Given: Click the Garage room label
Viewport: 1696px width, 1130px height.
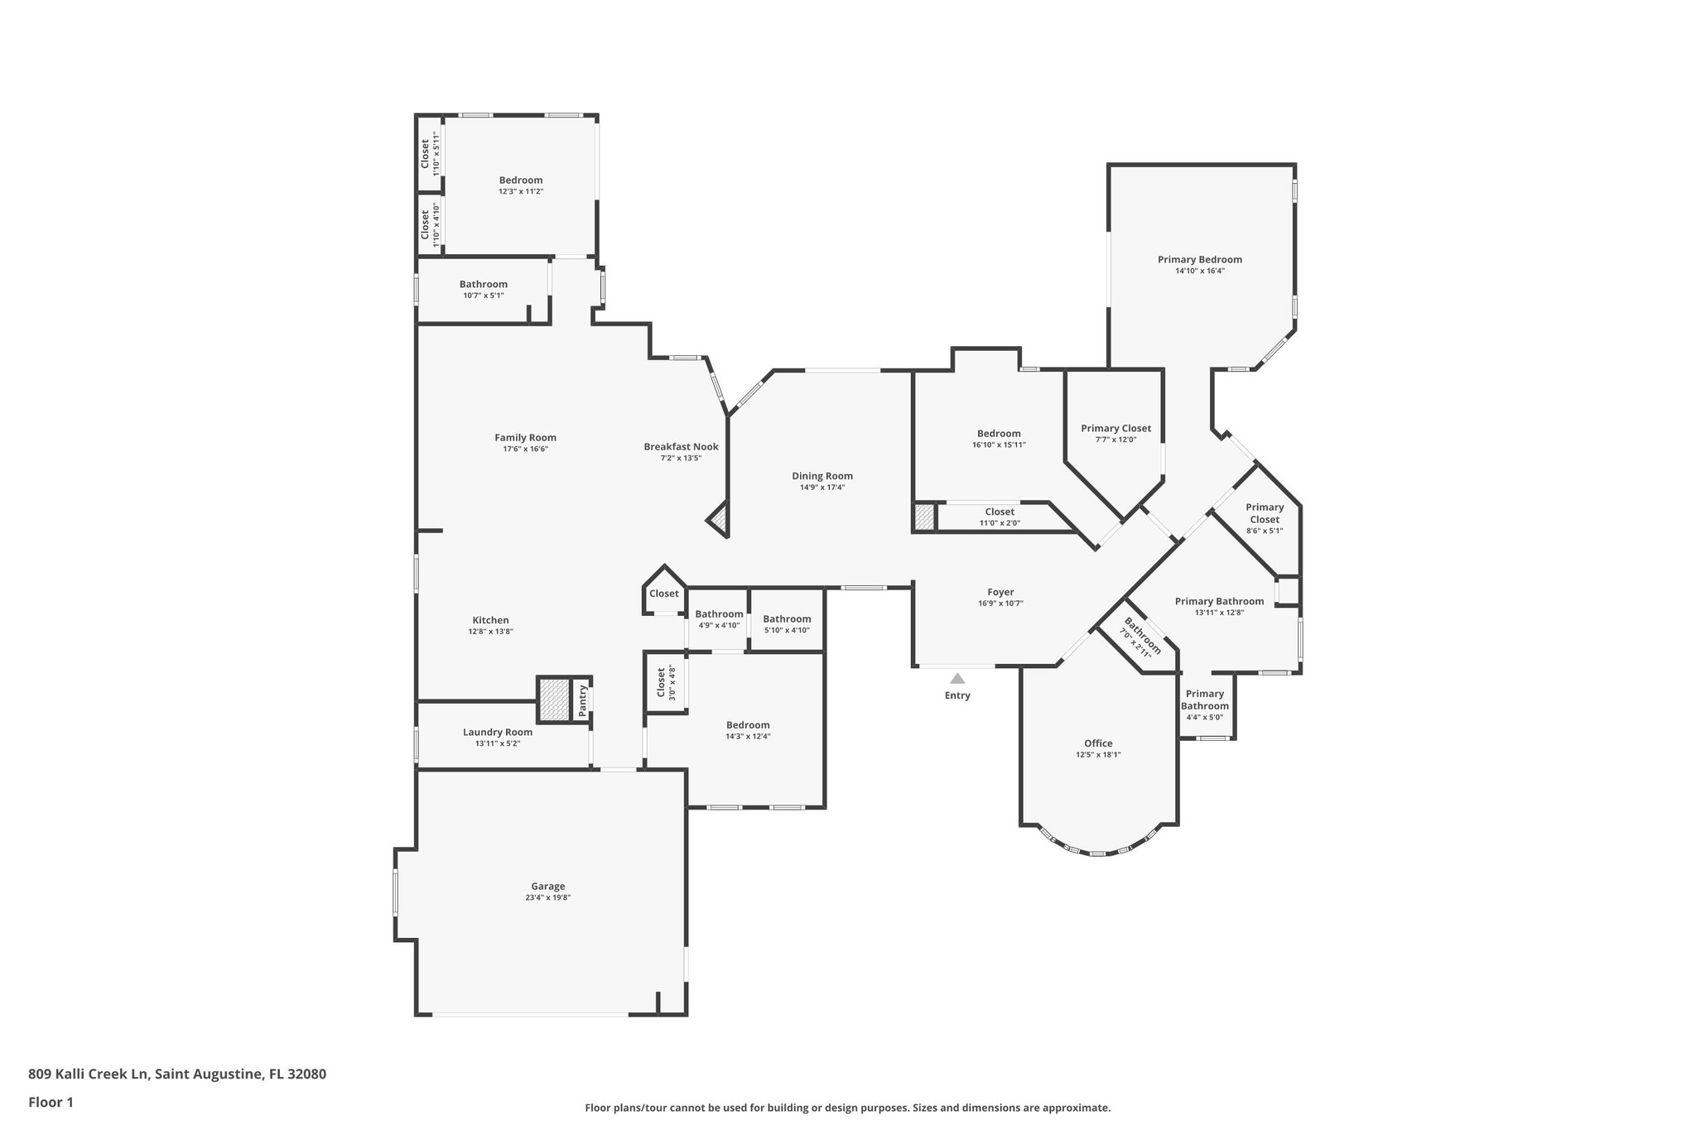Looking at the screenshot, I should tap(547, 886).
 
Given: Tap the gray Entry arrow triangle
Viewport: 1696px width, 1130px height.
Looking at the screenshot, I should tap(957, 678).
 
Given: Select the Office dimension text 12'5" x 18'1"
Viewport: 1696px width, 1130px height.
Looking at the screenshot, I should tap(1098, 754).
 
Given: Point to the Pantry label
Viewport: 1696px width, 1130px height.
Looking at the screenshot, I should tap(583, 700).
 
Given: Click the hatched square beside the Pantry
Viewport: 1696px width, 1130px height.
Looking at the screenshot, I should tap(554, 700).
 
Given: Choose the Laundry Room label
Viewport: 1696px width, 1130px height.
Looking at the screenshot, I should tap(497, 732).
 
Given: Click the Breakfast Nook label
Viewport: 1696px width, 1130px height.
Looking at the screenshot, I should tap(681, 446).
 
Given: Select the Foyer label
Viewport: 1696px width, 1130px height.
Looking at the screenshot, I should tap(1000, 592).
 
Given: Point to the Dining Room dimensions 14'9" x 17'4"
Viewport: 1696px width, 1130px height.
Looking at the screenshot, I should tap(821, 488).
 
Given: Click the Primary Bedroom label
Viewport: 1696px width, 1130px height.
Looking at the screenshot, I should tap(1199, 259).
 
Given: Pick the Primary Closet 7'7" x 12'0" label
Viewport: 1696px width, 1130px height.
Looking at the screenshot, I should tap(1115, 428).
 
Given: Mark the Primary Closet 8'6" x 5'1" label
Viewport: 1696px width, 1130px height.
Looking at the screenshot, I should tap(1265, 513).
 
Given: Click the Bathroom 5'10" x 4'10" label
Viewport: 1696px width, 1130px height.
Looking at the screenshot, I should tap(787, 618).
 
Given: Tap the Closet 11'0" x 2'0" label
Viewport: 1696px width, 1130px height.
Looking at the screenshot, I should tap(1000, 512).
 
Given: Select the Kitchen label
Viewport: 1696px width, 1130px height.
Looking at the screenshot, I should tap(490, 620).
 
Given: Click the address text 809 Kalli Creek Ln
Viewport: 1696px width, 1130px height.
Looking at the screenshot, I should tap(89, 1075).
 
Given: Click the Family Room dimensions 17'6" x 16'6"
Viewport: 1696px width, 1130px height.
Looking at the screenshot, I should tap(525, 449).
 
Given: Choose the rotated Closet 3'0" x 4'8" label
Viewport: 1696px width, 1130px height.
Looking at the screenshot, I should tap(661, 682).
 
